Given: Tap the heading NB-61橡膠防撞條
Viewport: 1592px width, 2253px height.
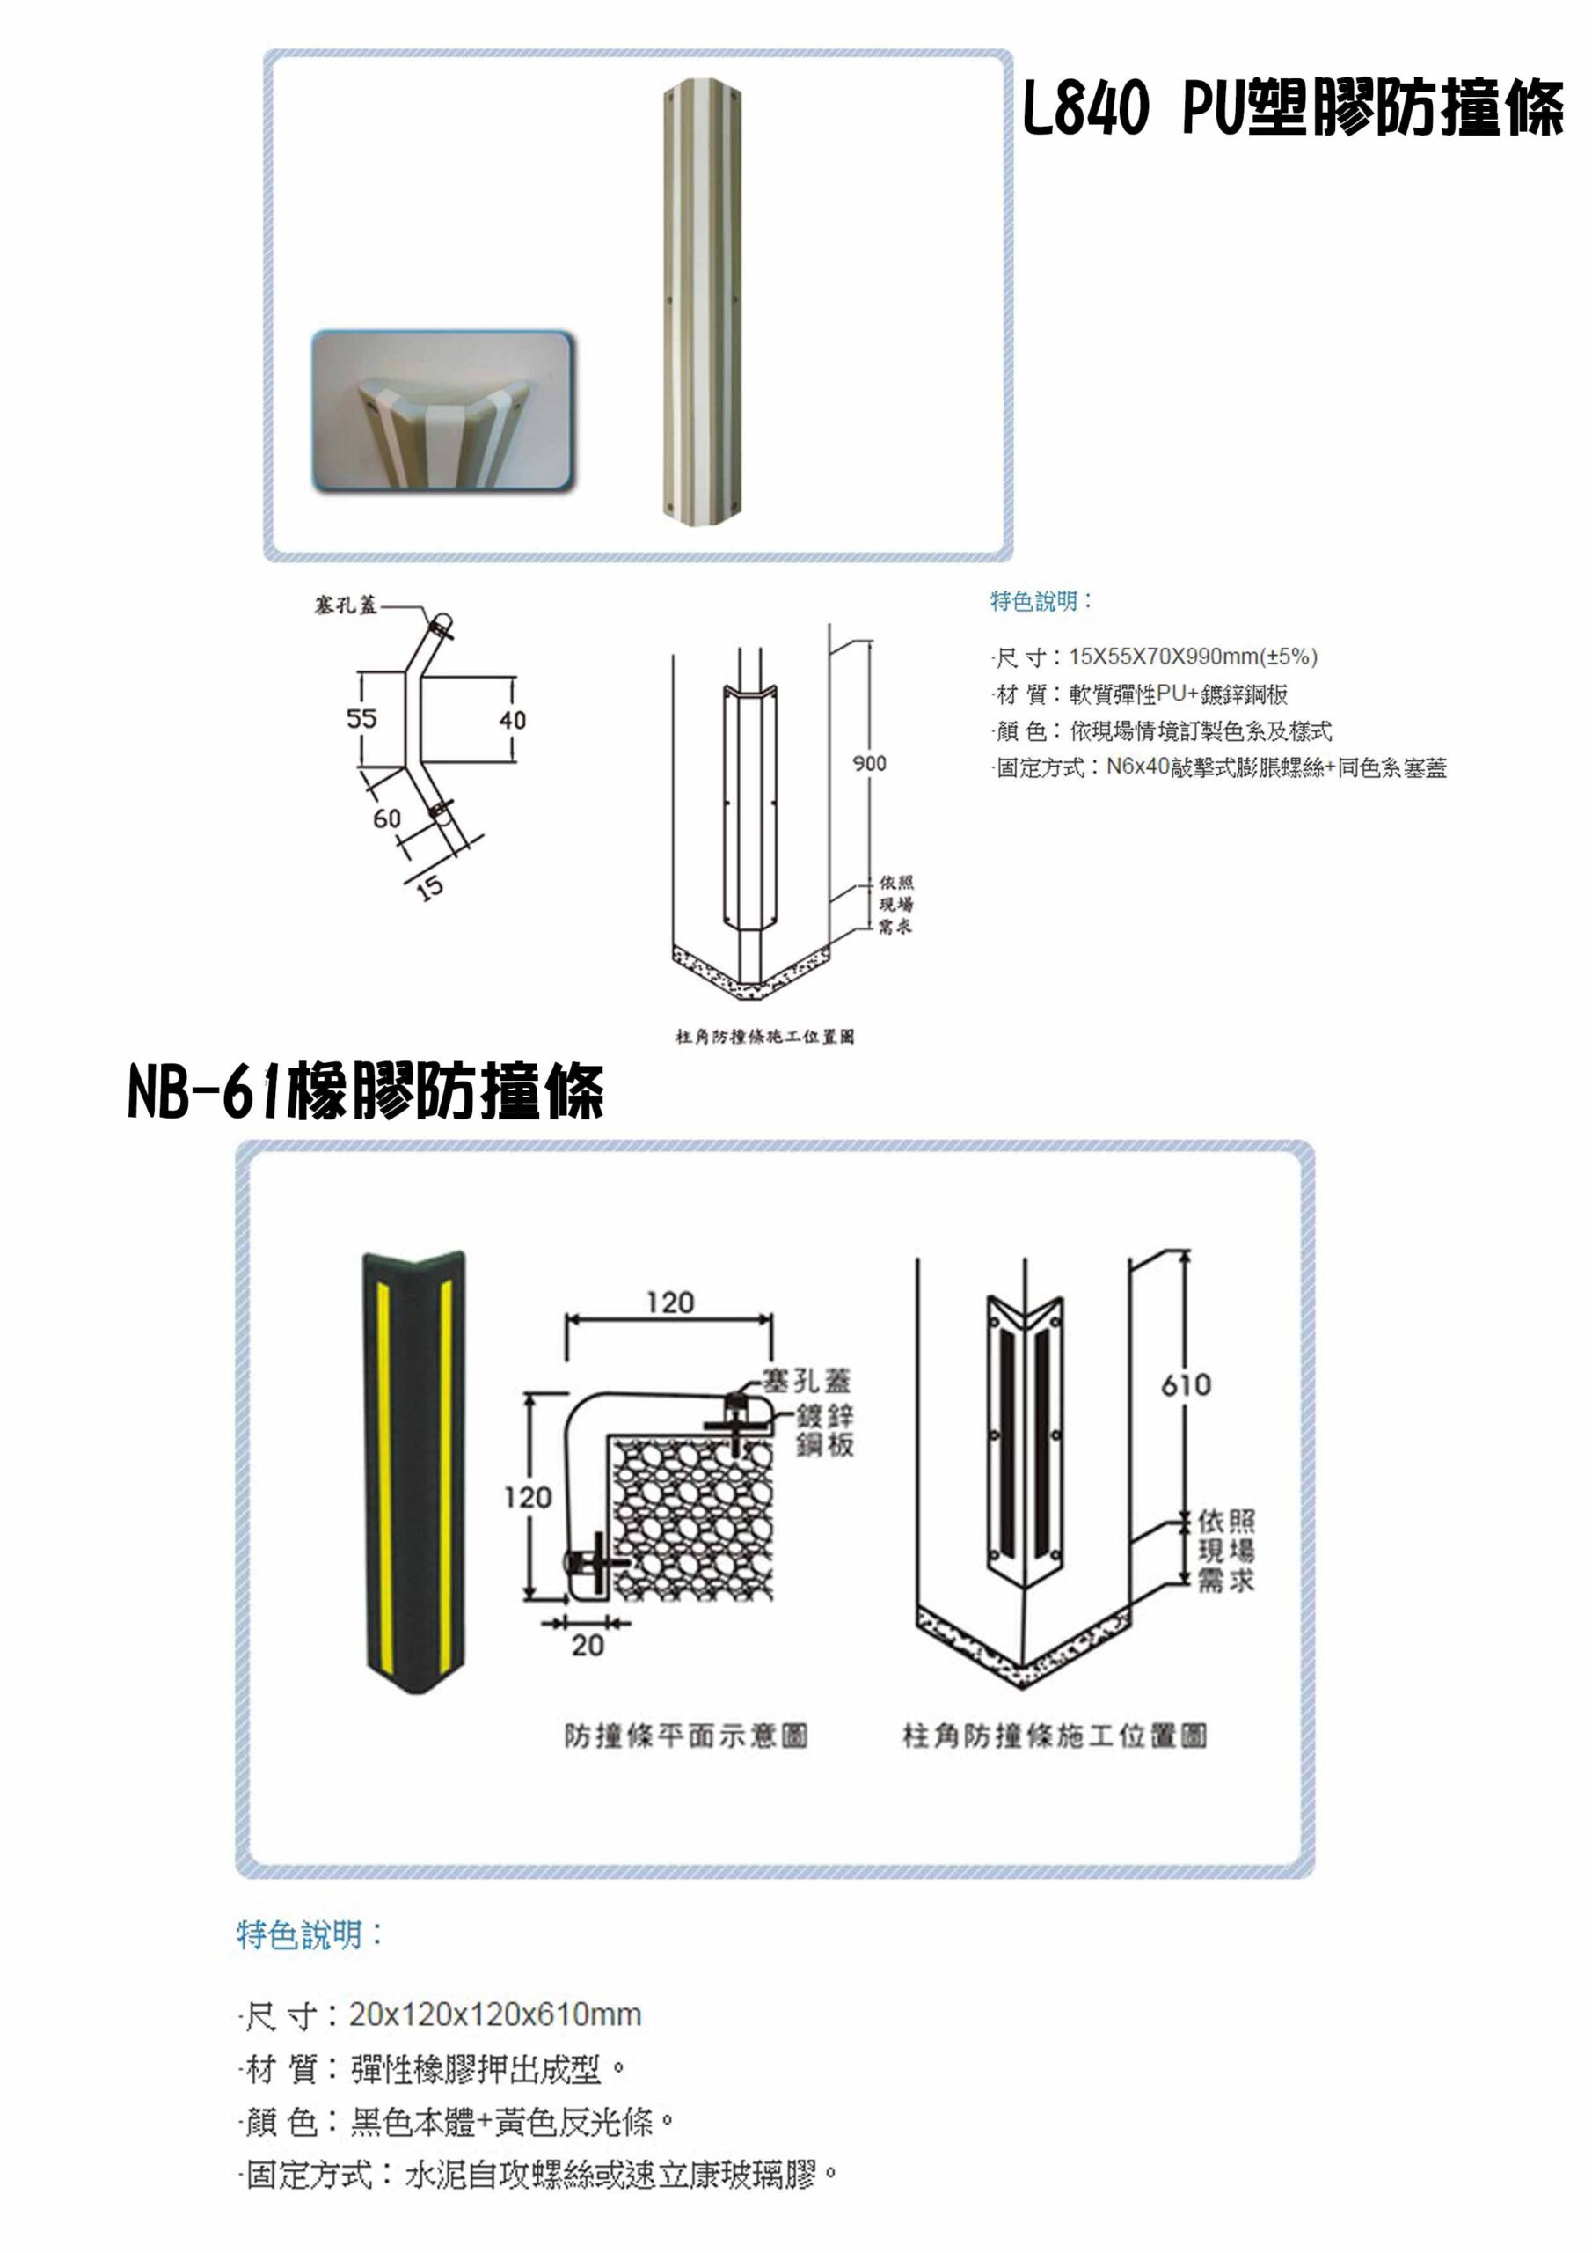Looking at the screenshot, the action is pyautogui.click(x=365, y=1091).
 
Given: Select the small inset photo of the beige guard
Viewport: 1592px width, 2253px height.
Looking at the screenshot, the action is pyautogui.click(x=442, y=411).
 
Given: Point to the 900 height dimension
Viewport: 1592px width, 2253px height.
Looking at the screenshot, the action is pyautogui.click(x=869, y=762).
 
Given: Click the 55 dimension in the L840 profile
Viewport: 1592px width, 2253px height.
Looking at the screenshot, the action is pyautogui.click(x=361, y=718).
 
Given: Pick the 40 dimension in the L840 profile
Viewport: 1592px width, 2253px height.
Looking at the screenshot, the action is pyautogui.click(x=512, y=720).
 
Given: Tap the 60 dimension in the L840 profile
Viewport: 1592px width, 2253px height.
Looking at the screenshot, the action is pyautogui.click(x=386, y=818).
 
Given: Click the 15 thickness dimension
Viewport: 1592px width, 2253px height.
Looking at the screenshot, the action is pyautogui.click(x=429, y=888).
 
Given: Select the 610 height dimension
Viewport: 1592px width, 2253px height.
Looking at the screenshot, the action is pyautogui.click(x=1186, y=1384).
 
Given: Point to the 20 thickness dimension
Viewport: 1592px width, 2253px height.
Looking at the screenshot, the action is pyautogui.click(x=588, y=1646).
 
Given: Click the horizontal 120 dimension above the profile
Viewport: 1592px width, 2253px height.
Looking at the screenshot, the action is pyautogui.click(x=670, y=1303).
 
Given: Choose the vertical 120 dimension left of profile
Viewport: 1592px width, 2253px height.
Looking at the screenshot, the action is pyautogui.click(x=528, y=1497).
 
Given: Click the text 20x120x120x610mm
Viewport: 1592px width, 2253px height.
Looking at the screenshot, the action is pyautogui.click(x=495, y=2014).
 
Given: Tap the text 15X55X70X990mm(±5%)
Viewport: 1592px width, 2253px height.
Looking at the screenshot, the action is pyautogui.click(x=1193, y=657).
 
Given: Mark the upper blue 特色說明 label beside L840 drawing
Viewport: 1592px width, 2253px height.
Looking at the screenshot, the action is pyautogui.click(x=1041, y=600).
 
